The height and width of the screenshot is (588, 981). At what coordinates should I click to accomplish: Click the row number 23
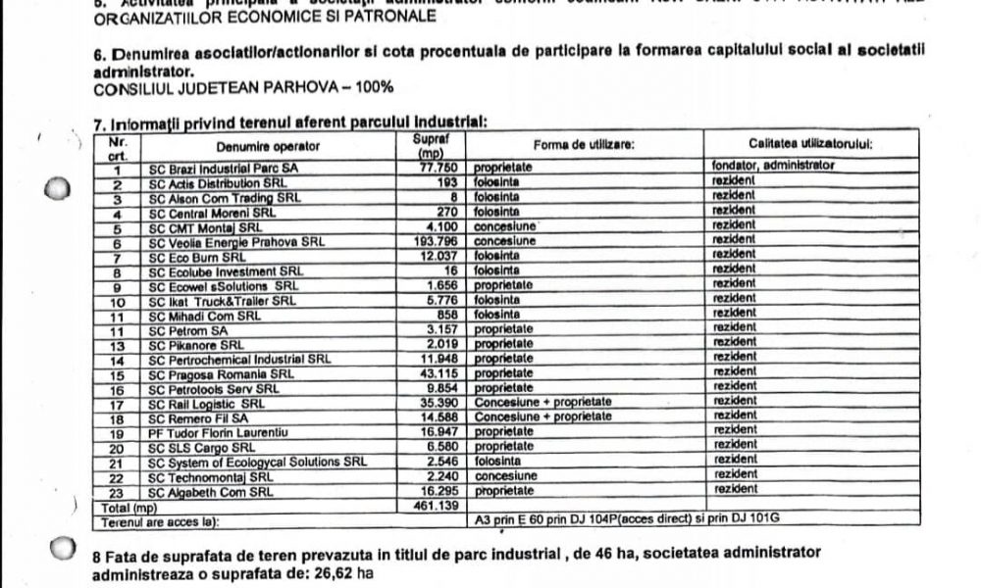(x=117, y=492)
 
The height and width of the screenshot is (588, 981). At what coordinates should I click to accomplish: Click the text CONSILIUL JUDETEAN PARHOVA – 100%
(x=230, y=87)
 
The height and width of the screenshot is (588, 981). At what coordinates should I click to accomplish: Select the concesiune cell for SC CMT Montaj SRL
(x=506, y=227)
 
